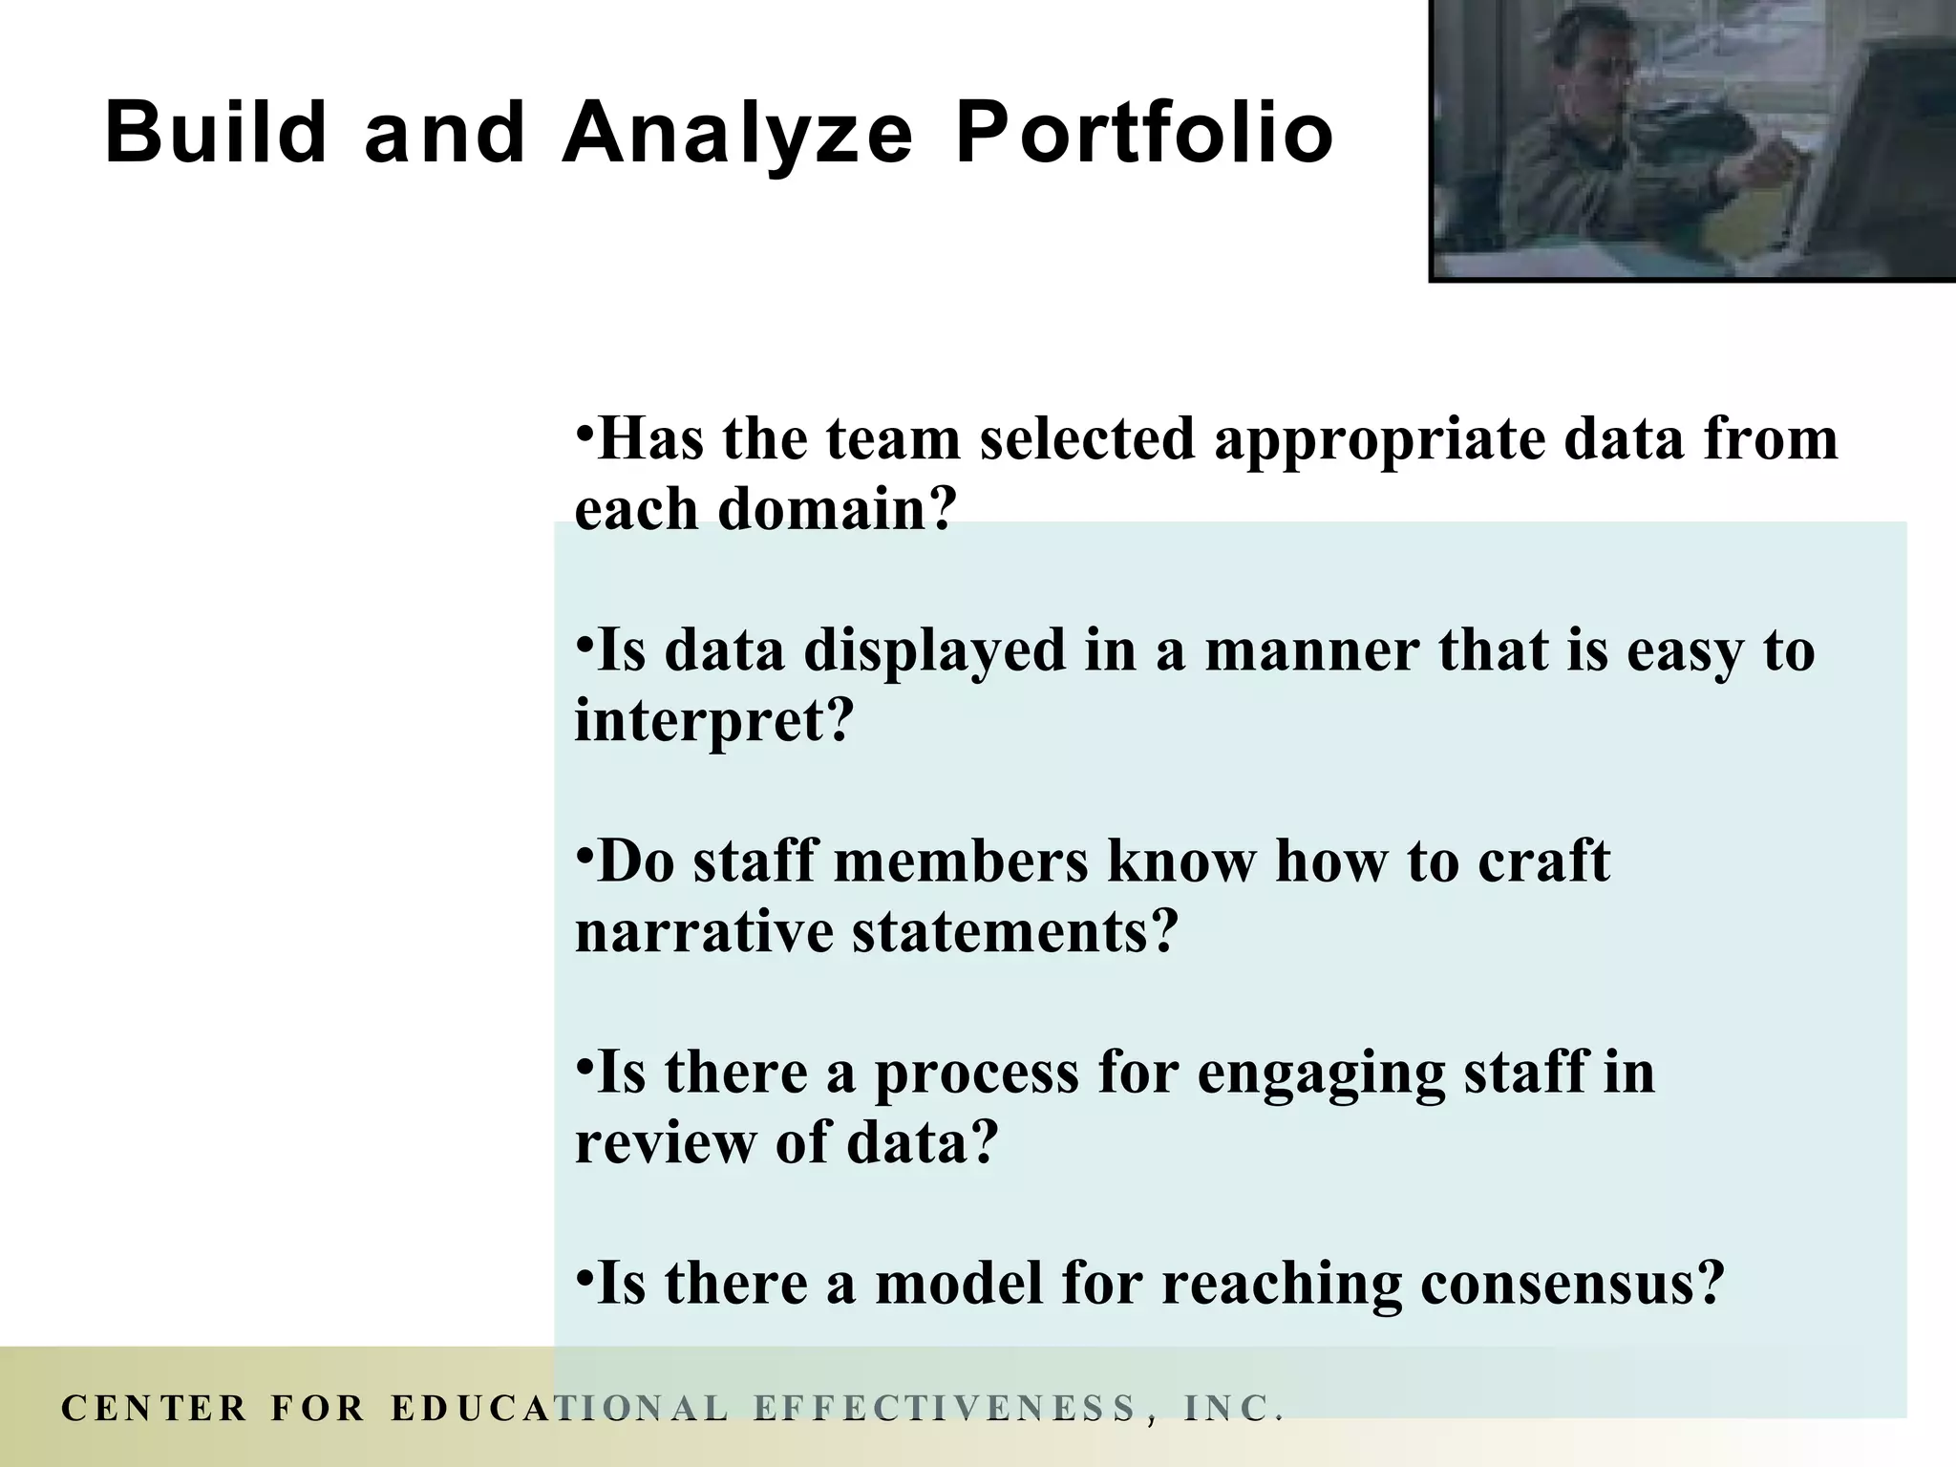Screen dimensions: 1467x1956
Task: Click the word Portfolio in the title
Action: click(1144, 134)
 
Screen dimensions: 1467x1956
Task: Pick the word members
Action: click(961, 861)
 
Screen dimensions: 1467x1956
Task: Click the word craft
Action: click(1543, 861)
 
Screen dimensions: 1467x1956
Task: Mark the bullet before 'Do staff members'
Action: click(585, 851)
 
